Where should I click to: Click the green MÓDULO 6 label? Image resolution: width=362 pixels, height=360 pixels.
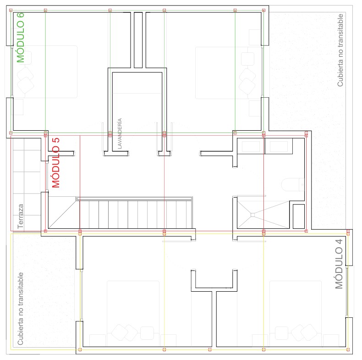(21, 38)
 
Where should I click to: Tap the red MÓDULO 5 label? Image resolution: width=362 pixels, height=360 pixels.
(55, 163)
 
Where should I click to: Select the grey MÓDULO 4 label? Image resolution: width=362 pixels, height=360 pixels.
(339, 264)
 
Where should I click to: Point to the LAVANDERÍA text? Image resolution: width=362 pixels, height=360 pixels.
(120, 133)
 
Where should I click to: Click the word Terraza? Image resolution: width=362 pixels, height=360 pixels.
(20, 216)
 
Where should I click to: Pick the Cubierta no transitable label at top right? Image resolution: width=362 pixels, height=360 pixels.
(340, 50)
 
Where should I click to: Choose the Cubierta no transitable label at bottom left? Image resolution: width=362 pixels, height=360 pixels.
(20, 309)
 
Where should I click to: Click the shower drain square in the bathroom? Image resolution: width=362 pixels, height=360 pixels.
(252, 215)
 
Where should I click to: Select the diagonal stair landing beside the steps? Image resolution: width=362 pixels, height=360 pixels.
(62, 213)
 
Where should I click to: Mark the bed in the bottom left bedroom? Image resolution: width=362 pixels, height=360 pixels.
(133, 314)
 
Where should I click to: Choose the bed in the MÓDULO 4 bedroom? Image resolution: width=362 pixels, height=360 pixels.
(296, 314)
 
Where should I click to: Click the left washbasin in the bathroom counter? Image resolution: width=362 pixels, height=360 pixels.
(251, 146)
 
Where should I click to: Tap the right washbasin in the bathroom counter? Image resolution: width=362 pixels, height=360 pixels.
(279, 146)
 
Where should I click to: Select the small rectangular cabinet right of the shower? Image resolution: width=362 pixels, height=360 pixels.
(299, 216)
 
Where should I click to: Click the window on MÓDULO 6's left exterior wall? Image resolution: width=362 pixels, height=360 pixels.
(11, 72)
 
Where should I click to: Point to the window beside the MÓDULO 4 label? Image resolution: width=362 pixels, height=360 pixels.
(347, 292)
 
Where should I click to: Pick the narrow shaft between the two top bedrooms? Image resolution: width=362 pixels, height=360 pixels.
(138, 40)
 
